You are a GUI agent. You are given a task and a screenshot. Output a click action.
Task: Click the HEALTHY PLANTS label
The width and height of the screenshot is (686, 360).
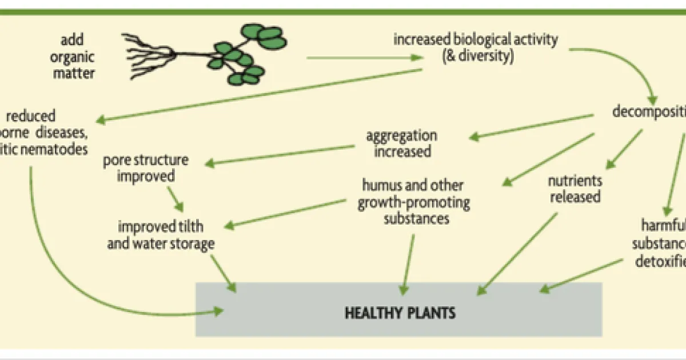(x=400, y=313)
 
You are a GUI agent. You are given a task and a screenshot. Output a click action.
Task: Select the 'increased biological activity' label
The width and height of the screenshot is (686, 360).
(x=475, y=41)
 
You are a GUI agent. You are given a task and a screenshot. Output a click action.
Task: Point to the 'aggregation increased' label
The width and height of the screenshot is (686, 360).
(x=401, y=143)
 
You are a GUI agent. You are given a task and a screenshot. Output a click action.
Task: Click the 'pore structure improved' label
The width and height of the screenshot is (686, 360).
(x=146, y=168)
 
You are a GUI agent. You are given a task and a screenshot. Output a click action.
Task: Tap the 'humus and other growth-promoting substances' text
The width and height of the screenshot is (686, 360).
(x=412, y=202)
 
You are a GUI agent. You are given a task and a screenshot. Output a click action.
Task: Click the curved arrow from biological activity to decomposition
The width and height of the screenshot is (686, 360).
(x=629, y=63)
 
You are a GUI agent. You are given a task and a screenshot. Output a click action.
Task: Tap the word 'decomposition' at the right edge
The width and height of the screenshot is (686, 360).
(x=649, y=111)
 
